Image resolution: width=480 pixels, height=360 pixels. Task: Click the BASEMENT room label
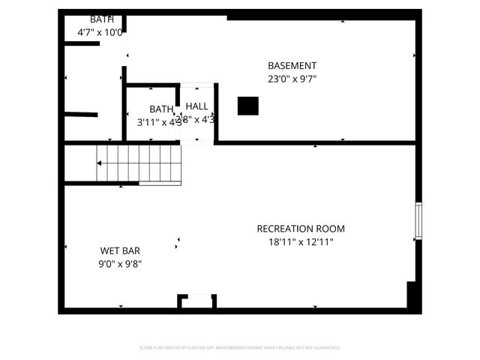292,65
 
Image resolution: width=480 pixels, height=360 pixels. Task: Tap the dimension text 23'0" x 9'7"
292,78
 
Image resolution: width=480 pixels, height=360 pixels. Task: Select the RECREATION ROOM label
301,229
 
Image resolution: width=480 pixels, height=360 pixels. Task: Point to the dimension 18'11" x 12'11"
301,241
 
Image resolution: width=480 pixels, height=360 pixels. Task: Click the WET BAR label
120,250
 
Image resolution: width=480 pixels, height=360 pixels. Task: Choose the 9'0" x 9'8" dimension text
120,263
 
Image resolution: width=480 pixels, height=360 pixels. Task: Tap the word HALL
197,106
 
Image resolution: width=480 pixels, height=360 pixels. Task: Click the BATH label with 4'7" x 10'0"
102,19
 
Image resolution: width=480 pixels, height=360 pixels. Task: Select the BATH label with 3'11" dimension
160,109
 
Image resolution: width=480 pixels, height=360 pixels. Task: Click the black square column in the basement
247,106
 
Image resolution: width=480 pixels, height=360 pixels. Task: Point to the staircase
139,164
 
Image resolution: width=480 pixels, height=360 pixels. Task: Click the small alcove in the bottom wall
197,301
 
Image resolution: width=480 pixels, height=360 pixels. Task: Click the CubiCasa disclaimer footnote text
240,347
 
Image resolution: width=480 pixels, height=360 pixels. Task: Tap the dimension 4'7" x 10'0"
100,32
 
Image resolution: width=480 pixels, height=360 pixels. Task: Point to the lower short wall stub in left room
81,115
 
